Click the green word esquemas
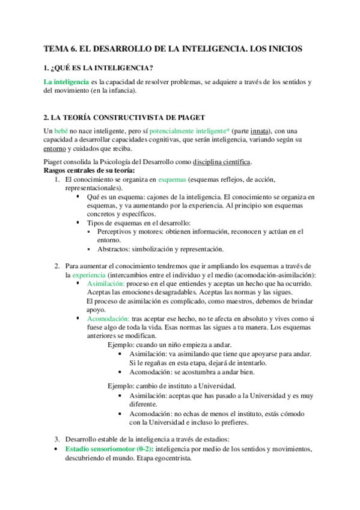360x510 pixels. [x=172, y=179]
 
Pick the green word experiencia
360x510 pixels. [x=90, y=275]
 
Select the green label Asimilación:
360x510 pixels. [x=106, y=283]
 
